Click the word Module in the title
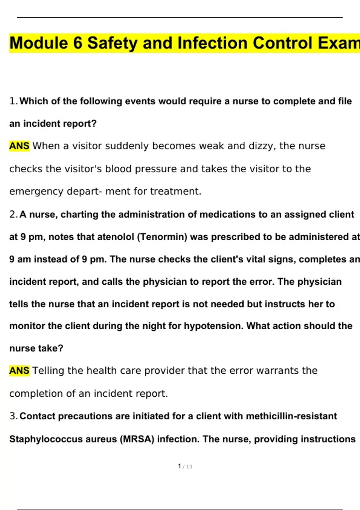point(39,43)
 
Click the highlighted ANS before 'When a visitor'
point(19,146)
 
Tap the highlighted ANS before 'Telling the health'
point(19,371)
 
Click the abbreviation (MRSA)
point(137,439)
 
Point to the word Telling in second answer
point(48,371)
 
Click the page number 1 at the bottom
point(179,466)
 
